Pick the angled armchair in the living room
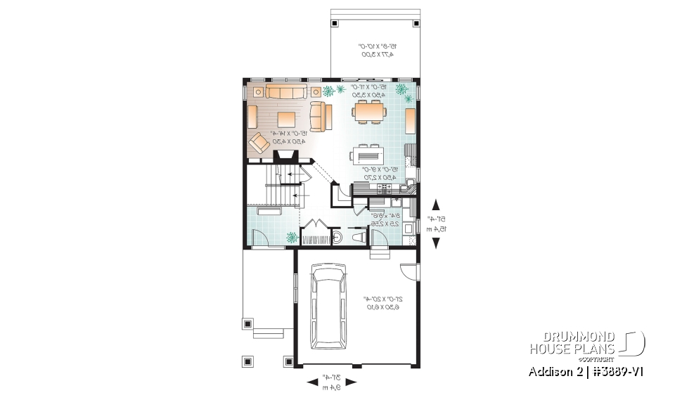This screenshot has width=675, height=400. coord(259,143)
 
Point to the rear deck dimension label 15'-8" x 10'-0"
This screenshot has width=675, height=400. coord(375,50)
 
